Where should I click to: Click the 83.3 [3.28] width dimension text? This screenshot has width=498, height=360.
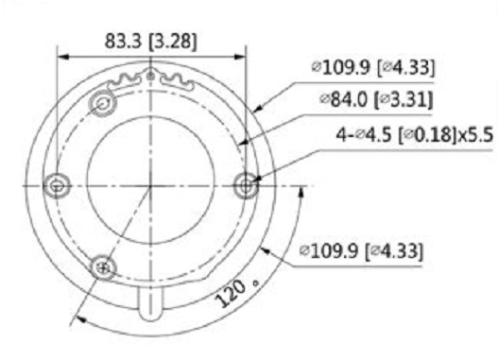coord(151,41)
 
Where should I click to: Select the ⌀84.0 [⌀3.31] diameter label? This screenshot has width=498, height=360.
coord(376,99)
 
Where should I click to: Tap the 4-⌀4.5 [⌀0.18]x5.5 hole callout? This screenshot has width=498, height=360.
coord(415,134)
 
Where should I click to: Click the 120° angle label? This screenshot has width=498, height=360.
coord(235,293)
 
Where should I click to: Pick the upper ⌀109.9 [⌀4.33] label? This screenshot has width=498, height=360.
coord(373,67)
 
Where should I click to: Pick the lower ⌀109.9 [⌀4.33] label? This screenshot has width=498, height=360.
coord(361,250)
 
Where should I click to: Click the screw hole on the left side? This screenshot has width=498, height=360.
coord(57,186)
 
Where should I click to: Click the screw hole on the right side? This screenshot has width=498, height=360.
coord(246,186)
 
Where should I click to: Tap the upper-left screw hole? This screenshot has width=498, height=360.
coord(103,103)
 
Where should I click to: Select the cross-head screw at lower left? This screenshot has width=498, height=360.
coord(103,268)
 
